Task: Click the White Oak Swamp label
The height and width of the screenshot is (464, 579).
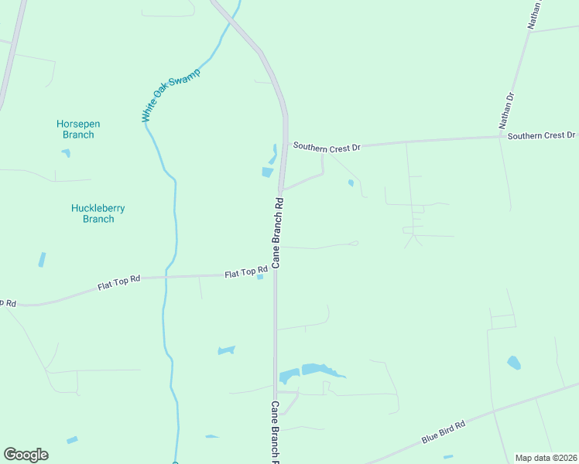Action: click(171, 96)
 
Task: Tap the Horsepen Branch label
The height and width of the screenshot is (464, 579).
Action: click(78, 129)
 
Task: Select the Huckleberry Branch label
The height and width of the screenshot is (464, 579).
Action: click(98, 213)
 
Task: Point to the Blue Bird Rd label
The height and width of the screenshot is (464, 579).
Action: click(443, 433)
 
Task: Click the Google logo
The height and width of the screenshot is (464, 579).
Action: click(26, 455)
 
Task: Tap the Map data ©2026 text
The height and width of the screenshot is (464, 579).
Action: click(546, 458)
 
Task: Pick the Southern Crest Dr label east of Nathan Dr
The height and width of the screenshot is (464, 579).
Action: click(542, 135)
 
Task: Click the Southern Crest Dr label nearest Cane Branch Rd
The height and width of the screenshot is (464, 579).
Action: click(327, 145)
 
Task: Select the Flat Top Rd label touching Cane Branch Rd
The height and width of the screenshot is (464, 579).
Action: click(241, 273)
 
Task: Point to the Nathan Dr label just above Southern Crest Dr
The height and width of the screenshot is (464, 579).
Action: click(507, 110)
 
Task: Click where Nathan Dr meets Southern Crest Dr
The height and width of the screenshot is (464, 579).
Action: click(502, 138)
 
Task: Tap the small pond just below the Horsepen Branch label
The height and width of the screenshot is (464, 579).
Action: click(66, 153)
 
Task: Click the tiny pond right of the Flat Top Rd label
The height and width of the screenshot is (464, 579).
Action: click(261, 277)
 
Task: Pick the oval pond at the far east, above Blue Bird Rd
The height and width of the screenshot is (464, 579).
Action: click(513, 362)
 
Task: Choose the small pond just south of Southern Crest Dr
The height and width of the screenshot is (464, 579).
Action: click(351, 183)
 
